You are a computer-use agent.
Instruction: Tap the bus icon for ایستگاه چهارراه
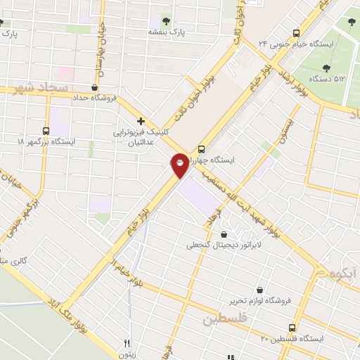coord(202,149)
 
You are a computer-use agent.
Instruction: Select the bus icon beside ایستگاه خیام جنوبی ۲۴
coord(295,32)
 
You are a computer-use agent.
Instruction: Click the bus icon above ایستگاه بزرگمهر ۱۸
coord(46,131)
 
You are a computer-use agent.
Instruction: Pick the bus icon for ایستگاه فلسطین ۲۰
coord(292,328)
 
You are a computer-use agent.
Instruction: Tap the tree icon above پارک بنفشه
coord(167,21)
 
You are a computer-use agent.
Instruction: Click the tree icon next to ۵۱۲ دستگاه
coord(327,68)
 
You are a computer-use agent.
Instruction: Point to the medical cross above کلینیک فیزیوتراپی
coord(141,121)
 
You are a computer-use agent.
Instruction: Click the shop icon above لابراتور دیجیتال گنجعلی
coord(224,235)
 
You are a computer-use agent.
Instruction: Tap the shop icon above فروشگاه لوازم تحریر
coord(259,290)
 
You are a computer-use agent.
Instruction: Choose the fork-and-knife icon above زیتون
coord(127,344)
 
